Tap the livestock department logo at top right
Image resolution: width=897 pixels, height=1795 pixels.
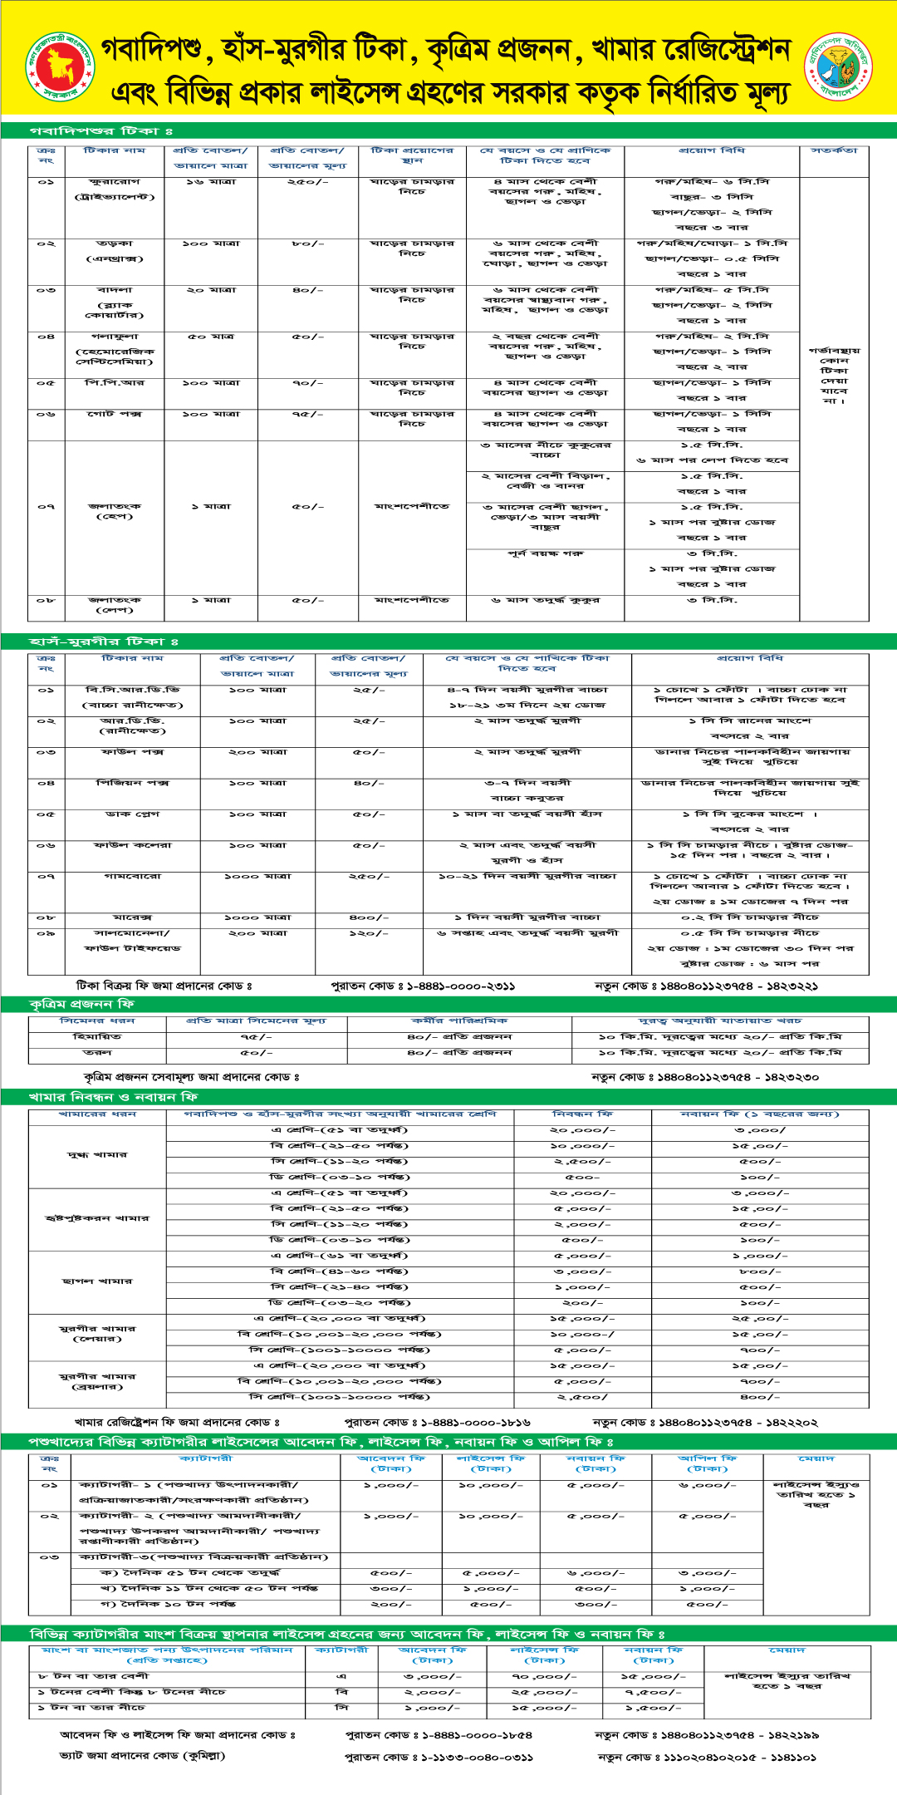(839, 66)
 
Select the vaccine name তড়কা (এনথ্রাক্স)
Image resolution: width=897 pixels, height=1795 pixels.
(115, 251)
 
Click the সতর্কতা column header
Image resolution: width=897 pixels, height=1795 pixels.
(834, 151)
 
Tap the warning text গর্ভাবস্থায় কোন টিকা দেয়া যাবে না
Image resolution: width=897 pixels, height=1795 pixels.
(834, 376)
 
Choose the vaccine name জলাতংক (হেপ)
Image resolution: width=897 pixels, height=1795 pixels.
(115, 511)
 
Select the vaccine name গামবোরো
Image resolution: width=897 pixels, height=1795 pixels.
(133, 877)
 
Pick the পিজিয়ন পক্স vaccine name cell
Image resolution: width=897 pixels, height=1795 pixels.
(133, 783)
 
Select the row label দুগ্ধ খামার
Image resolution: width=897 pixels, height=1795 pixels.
(97, 1155)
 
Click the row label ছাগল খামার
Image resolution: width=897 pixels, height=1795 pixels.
(97, 1281)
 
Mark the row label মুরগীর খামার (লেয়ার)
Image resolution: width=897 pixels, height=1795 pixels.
(97, 1334)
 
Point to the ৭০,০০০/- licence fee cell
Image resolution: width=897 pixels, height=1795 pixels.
(545, 1677)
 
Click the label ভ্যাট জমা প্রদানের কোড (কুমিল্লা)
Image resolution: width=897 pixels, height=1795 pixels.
(142, 1756)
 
